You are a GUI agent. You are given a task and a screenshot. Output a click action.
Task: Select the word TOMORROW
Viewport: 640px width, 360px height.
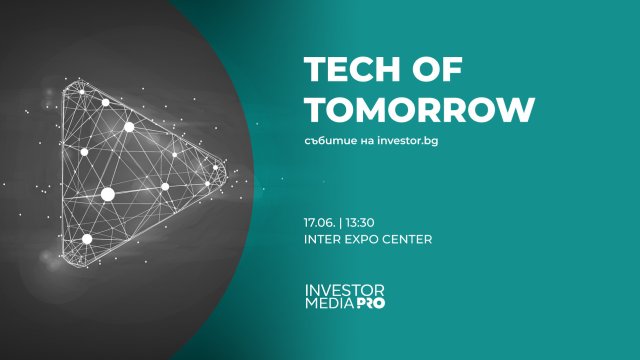click(x=419, y=109)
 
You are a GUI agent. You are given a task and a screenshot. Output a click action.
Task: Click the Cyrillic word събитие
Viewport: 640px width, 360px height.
click(x=329, y=139)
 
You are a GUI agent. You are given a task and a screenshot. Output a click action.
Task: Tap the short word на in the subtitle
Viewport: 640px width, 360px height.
click(x=365, y=139)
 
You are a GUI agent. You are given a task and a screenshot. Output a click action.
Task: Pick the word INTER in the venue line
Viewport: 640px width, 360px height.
click(x=323, y=240)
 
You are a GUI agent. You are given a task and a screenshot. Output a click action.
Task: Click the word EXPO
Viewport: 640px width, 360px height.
click(x=363, y=240)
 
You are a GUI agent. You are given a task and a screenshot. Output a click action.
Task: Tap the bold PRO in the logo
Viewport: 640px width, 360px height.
click(x=370, y=302)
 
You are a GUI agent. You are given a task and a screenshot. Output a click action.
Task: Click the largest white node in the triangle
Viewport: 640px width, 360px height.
click(x=108, y=194)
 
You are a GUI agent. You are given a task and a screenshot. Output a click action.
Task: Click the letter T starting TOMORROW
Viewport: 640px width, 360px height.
click(x=313, y=109)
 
